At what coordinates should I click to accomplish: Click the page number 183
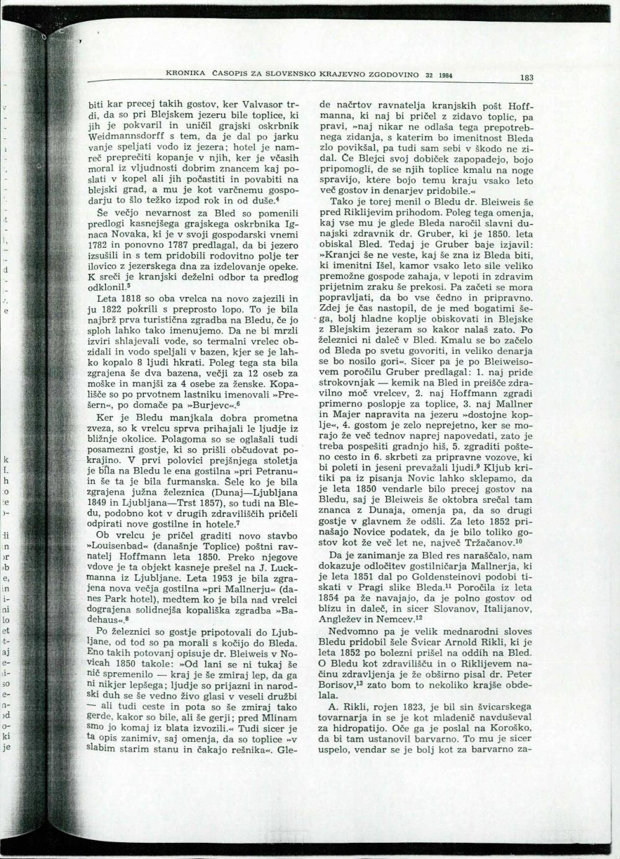pos(527,78)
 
